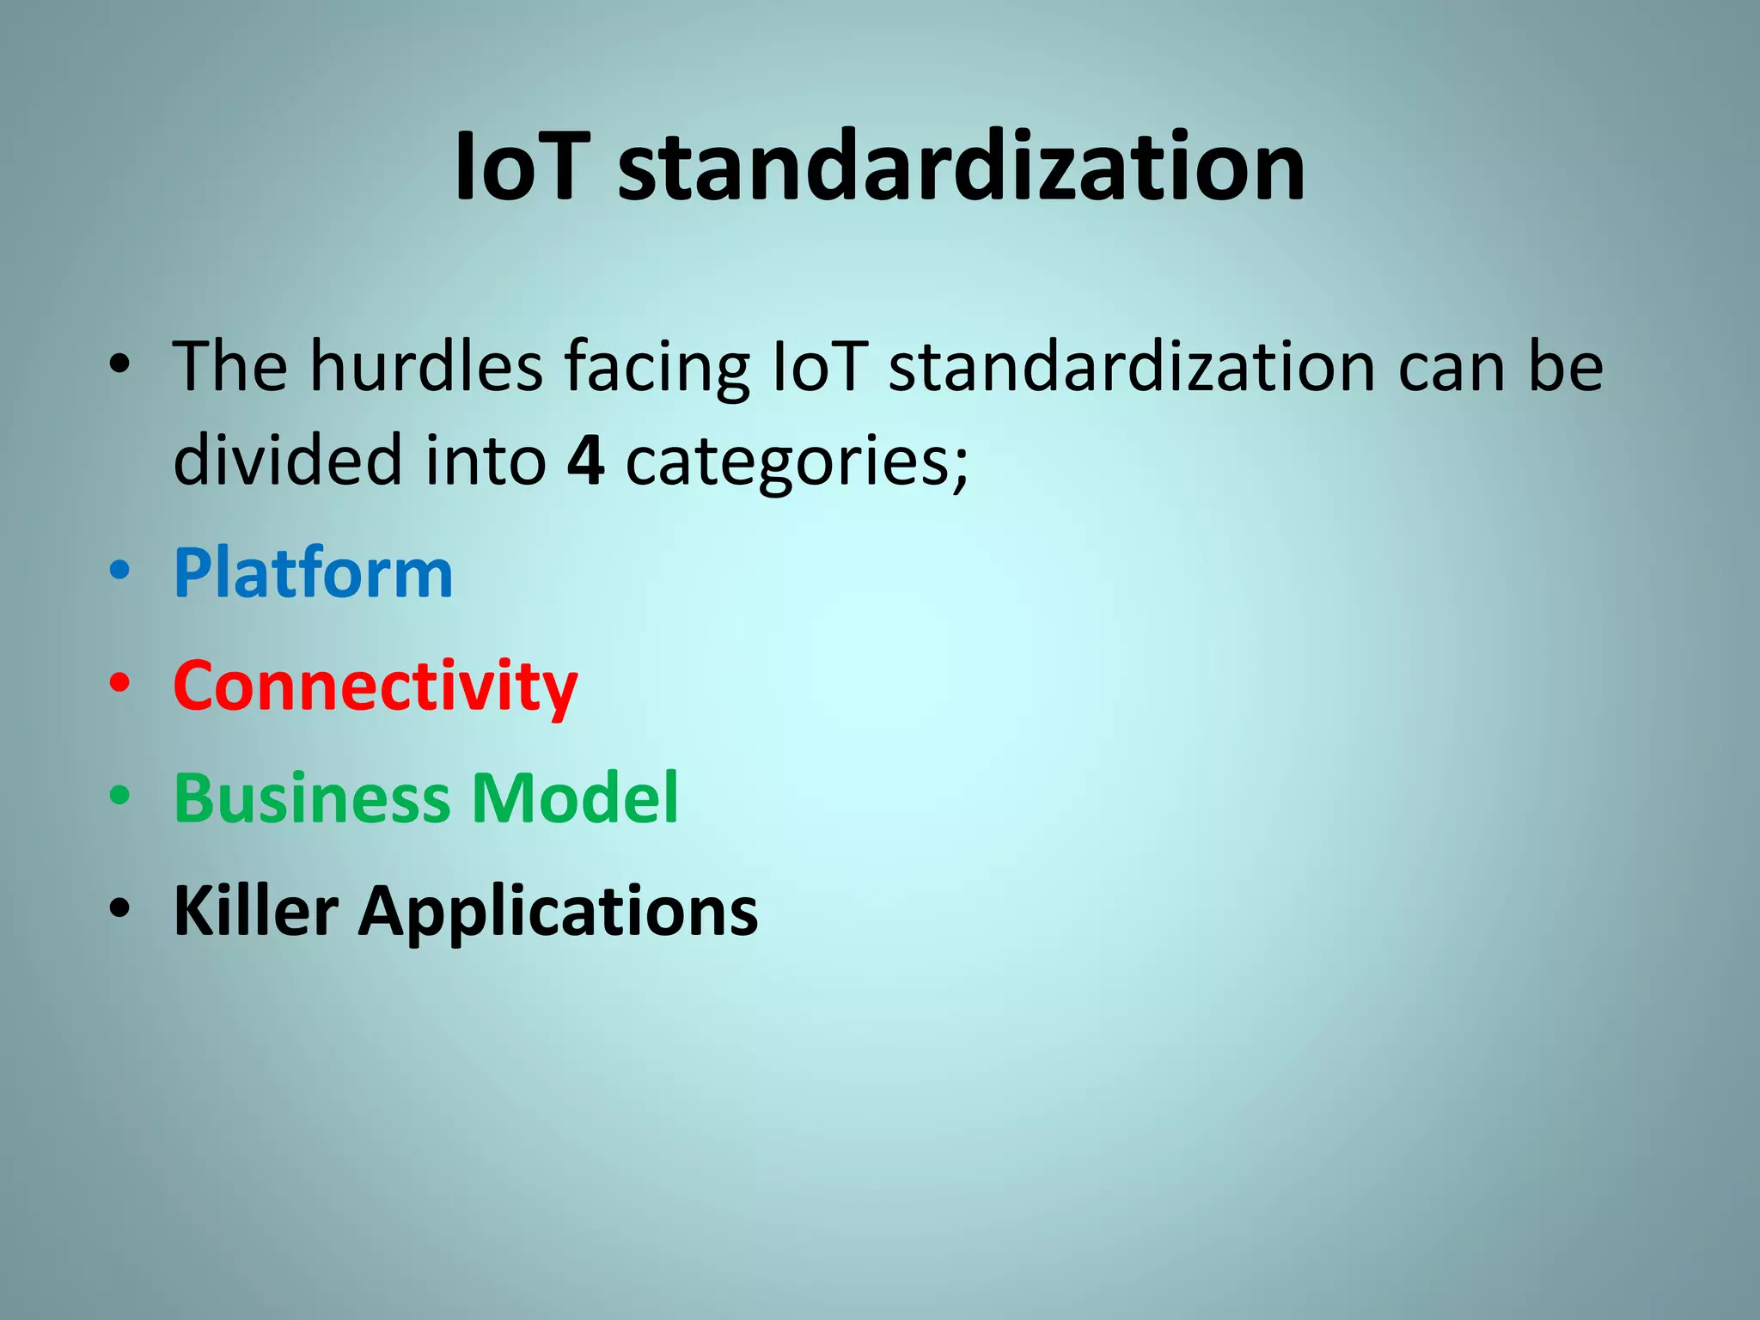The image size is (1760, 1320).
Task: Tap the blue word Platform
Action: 313,573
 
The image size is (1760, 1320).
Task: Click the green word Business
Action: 311,797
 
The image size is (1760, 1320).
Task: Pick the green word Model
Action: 575,797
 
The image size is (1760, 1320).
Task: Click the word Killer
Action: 255,910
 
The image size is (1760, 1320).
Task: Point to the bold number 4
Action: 585,460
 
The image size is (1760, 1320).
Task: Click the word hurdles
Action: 426,367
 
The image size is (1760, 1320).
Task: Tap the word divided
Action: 287,460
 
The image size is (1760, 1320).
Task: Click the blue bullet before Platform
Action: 119,571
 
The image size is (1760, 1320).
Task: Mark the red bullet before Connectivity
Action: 119,683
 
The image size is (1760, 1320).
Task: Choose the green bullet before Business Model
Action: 119,795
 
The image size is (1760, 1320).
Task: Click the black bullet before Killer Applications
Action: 119,907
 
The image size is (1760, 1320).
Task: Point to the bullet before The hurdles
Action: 119,364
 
